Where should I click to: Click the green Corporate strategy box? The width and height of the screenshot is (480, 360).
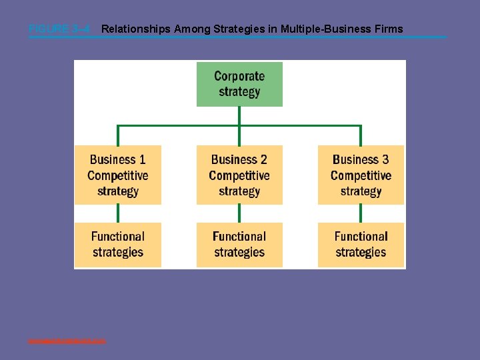(x=239, y=84)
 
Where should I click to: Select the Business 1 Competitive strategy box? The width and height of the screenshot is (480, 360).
(x=118, y=175)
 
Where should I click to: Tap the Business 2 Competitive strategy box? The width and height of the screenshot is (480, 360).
(x=239, y=175)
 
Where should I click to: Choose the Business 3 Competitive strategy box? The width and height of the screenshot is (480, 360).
(x=361, y=175)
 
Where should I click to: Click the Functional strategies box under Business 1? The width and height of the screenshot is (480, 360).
(x=118, y=245)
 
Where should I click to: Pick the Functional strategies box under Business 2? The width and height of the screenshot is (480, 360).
(x=239, y=245)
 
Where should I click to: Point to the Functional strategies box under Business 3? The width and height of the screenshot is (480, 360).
(x=361, y=245)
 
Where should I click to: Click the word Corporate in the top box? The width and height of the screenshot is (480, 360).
(x=239, y=76)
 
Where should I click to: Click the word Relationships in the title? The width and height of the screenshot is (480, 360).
(x=136, y=29)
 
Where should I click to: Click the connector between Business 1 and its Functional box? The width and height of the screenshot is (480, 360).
(x=118, y=213)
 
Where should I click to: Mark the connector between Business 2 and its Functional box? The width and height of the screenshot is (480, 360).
(x=239, y=213)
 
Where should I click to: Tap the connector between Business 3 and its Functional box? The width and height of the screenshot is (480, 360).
(x=361, y=213)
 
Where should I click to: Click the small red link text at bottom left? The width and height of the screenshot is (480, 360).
(x=67, y=341)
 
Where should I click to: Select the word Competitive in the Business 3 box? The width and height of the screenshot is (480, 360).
(x=361, y=175)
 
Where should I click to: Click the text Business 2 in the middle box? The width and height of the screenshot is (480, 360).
(x=239, y=159)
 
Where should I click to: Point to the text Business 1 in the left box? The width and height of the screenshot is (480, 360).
(x=118, y=159)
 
